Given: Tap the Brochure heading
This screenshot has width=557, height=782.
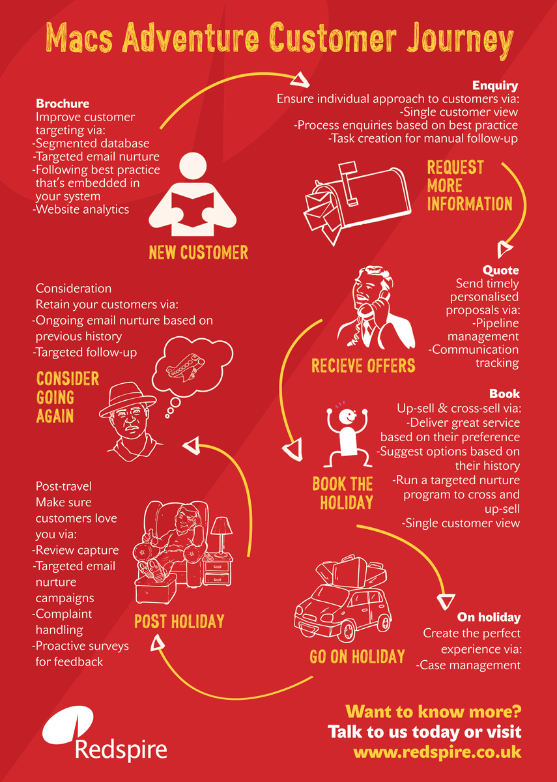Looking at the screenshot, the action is coord(63,104).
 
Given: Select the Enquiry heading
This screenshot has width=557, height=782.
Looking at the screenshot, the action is coord(495,85).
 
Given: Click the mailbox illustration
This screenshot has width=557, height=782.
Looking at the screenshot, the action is coord(357,203).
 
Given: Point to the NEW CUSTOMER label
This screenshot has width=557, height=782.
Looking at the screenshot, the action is coord(198,252).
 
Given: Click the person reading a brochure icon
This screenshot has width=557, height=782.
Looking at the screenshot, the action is coord(193,194).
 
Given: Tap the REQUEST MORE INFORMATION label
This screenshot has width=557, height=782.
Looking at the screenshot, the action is coord(470,185).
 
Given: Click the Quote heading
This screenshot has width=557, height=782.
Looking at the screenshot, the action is coord(500,270).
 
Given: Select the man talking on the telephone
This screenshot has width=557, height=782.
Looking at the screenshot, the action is coord(375,307).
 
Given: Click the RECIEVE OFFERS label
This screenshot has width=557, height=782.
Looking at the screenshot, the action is coord(364,366).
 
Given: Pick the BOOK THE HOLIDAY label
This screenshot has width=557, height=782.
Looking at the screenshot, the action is coord(343,493).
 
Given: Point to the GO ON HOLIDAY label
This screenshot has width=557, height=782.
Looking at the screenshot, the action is coord(357,656).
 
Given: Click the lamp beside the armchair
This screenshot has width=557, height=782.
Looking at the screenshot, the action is coord(221,537).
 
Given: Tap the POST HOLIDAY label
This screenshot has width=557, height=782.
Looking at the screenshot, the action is coord(179,622).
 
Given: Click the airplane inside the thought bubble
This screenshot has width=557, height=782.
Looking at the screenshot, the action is coord(185,368).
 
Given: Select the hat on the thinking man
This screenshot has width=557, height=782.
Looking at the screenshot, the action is coord(128,399).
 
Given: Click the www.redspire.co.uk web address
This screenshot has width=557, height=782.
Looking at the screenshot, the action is coord(437,752).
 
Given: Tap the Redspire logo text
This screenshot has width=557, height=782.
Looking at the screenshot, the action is coord(121,751).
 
